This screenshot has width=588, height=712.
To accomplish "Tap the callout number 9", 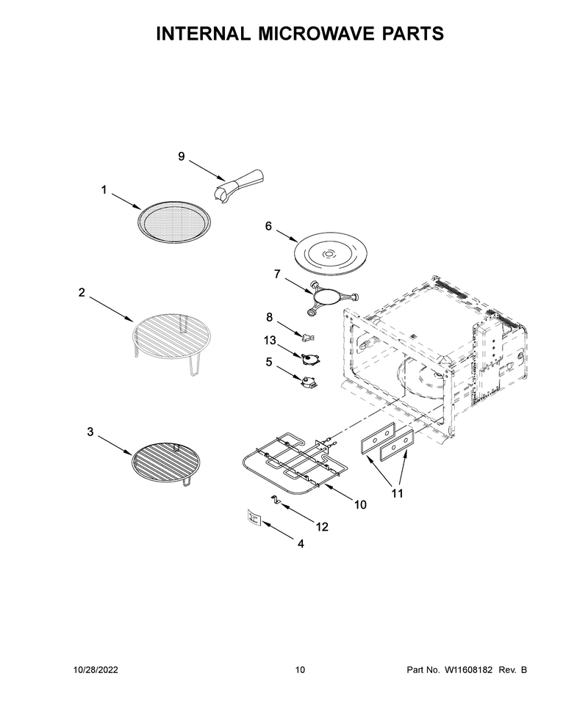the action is click(x=182, y=156).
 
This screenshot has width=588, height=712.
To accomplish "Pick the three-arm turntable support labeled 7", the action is click(x=330, y=298).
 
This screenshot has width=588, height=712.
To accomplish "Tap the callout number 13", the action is click(x=270, y=340).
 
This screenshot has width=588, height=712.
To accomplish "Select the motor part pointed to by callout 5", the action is click(x=309, y=382).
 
